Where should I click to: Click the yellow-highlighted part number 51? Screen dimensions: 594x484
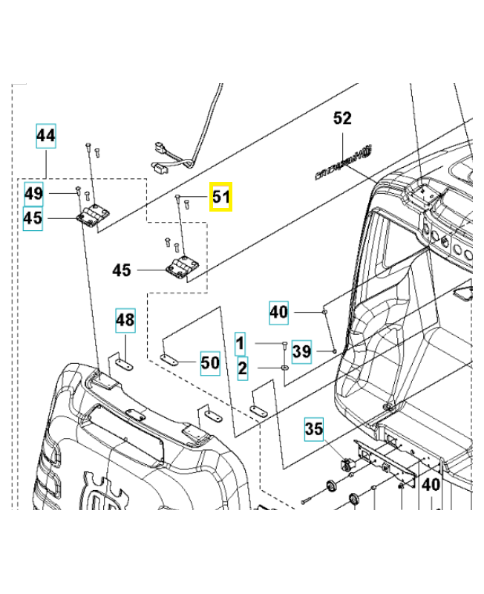click(x=221, y=198)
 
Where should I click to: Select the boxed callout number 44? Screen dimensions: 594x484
click(x=46, y=136)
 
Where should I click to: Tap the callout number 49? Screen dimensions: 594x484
click(x=33, y=194)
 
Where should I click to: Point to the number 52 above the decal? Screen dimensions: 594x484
click(x=342, y=119)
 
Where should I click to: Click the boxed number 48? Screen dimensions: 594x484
click(x=125, y=321)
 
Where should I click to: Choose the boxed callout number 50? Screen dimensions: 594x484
click(x=210, y=363)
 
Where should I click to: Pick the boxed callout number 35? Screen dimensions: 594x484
click(x=314, y=428)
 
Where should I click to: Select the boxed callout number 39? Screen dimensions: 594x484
click(x=301, y=351)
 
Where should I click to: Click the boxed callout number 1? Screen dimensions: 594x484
click(x=240, y=344)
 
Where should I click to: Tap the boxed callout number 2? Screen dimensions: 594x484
click(x=242, y=368)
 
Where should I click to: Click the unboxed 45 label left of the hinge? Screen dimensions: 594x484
click(x=121, y=270)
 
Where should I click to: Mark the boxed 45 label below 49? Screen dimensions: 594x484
click(x=33, y=219)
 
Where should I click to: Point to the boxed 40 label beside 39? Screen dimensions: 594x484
click(x=278, y=312)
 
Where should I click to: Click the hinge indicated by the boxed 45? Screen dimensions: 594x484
click(x=92, y=217)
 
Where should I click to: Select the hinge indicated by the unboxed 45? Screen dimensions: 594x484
click(x=180, y=269)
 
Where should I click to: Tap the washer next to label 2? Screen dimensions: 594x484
click(x=285, y=368)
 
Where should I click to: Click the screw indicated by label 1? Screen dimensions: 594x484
click(x=284, y=344)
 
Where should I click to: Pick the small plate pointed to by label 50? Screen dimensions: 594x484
click(x=171, y=360)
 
